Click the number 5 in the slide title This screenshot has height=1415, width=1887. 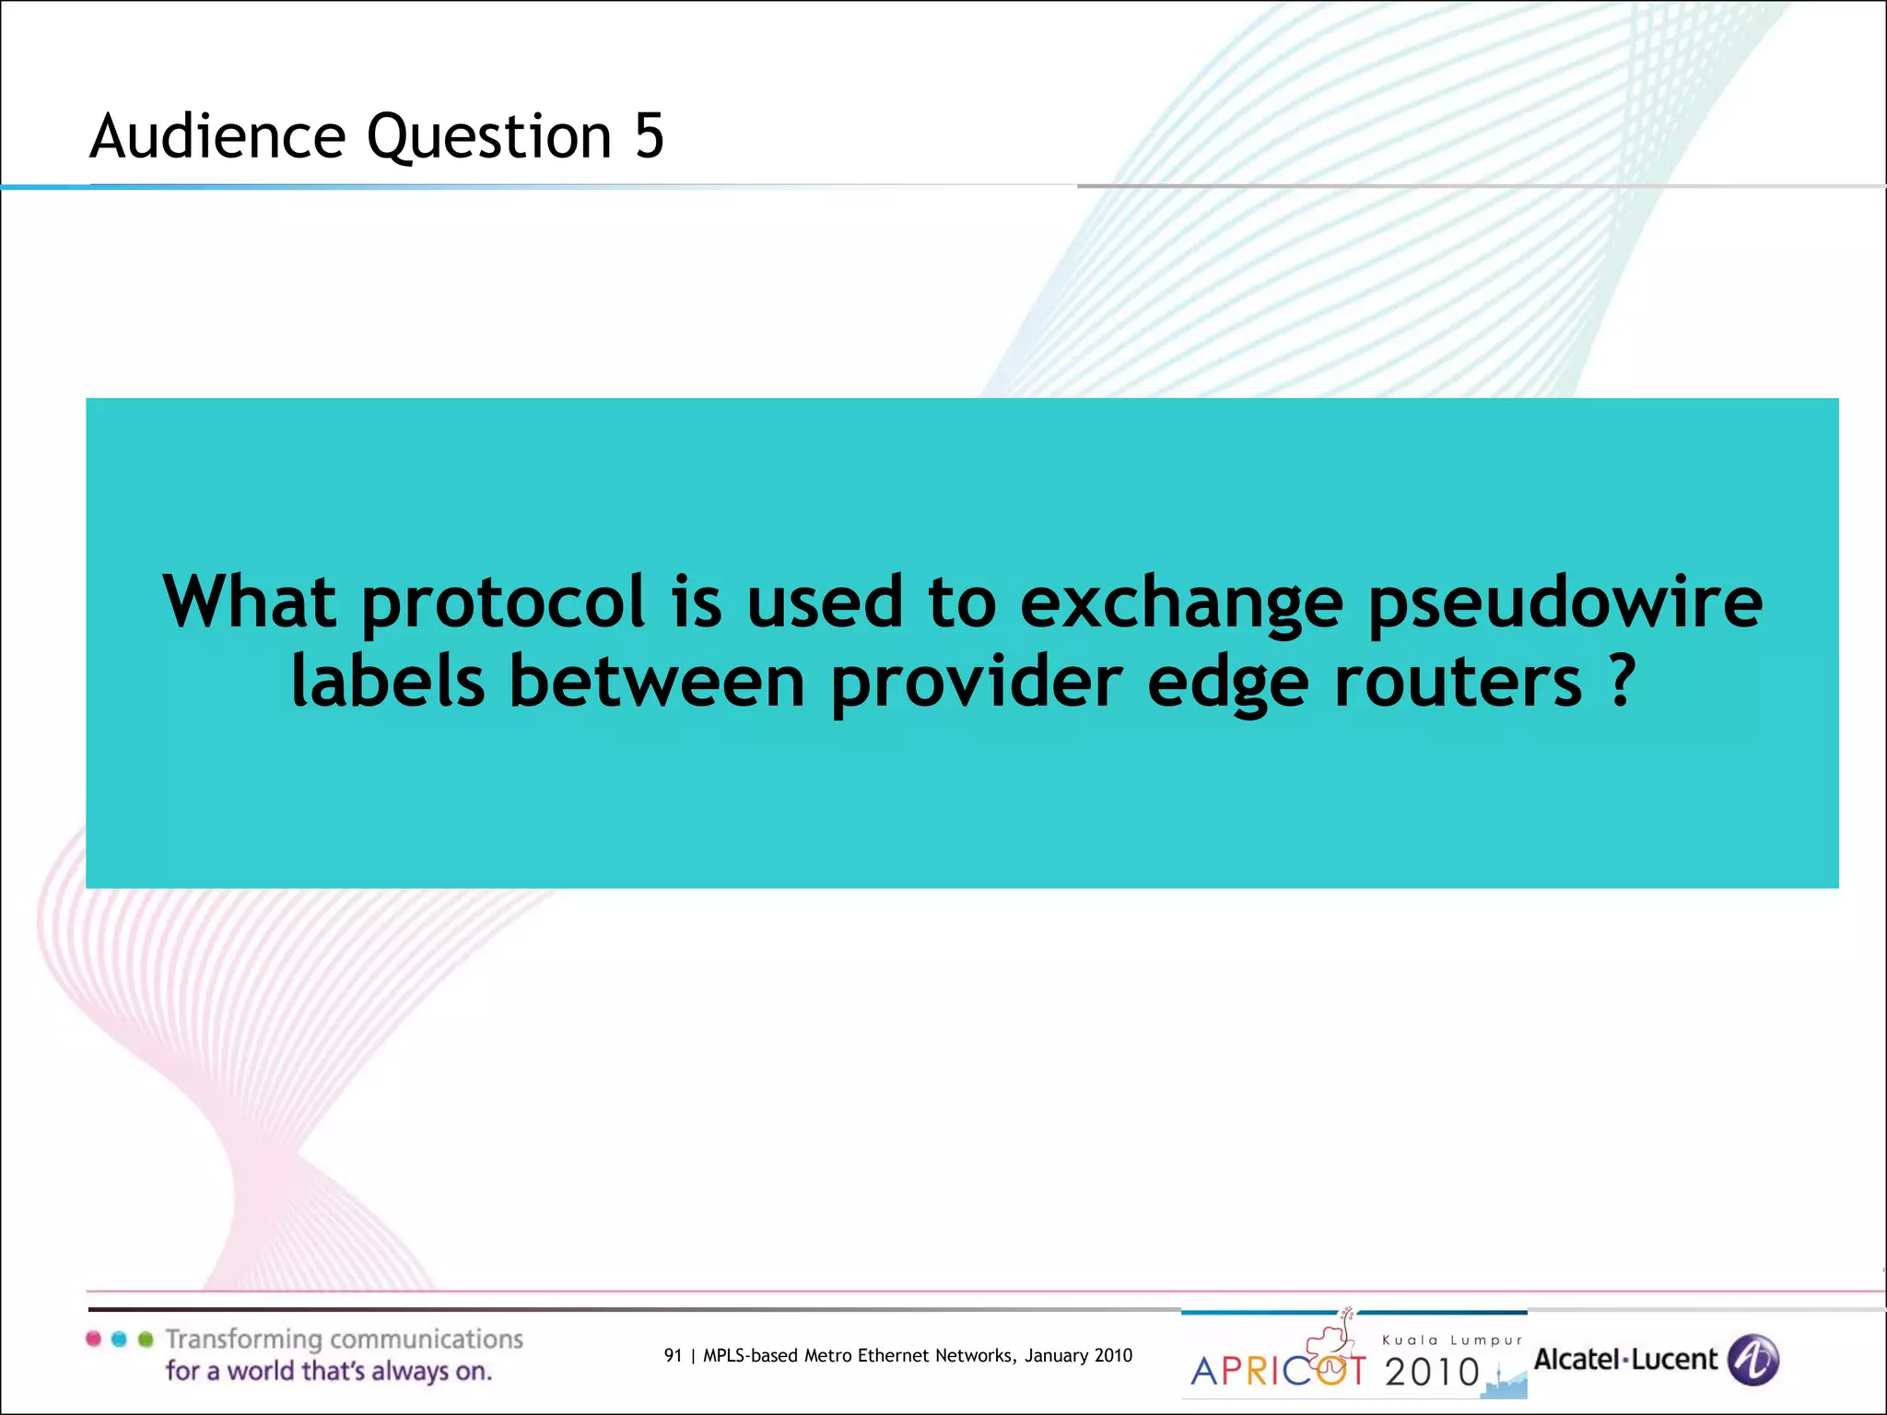(x=649, y=136)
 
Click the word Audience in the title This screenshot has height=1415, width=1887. (x=217, y=136)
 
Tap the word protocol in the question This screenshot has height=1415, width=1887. (x=503, y=603)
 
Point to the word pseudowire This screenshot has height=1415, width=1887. (x=1565, y=603)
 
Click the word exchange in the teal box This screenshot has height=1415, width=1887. (x=1181, y=603)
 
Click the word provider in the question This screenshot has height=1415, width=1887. (x=977, y=684)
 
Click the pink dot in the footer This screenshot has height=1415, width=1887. (x=93, y=1339)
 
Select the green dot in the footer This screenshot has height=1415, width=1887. (x=145, y=1339)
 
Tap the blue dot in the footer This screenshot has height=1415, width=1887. (x=119, y=1339)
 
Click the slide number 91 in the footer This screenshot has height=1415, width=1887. (x=673, y=1355)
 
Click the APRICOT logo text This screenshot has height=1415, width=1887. (x=1279, y=1372)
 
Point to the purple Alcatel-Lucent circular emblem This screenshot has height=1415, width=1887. (x=1752, y=1360)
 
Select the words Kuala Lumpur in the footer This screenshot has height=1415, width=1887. (x=1452, y=1340)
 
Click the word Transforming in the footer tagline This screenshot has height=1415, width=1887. (x=243, y=1339)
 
